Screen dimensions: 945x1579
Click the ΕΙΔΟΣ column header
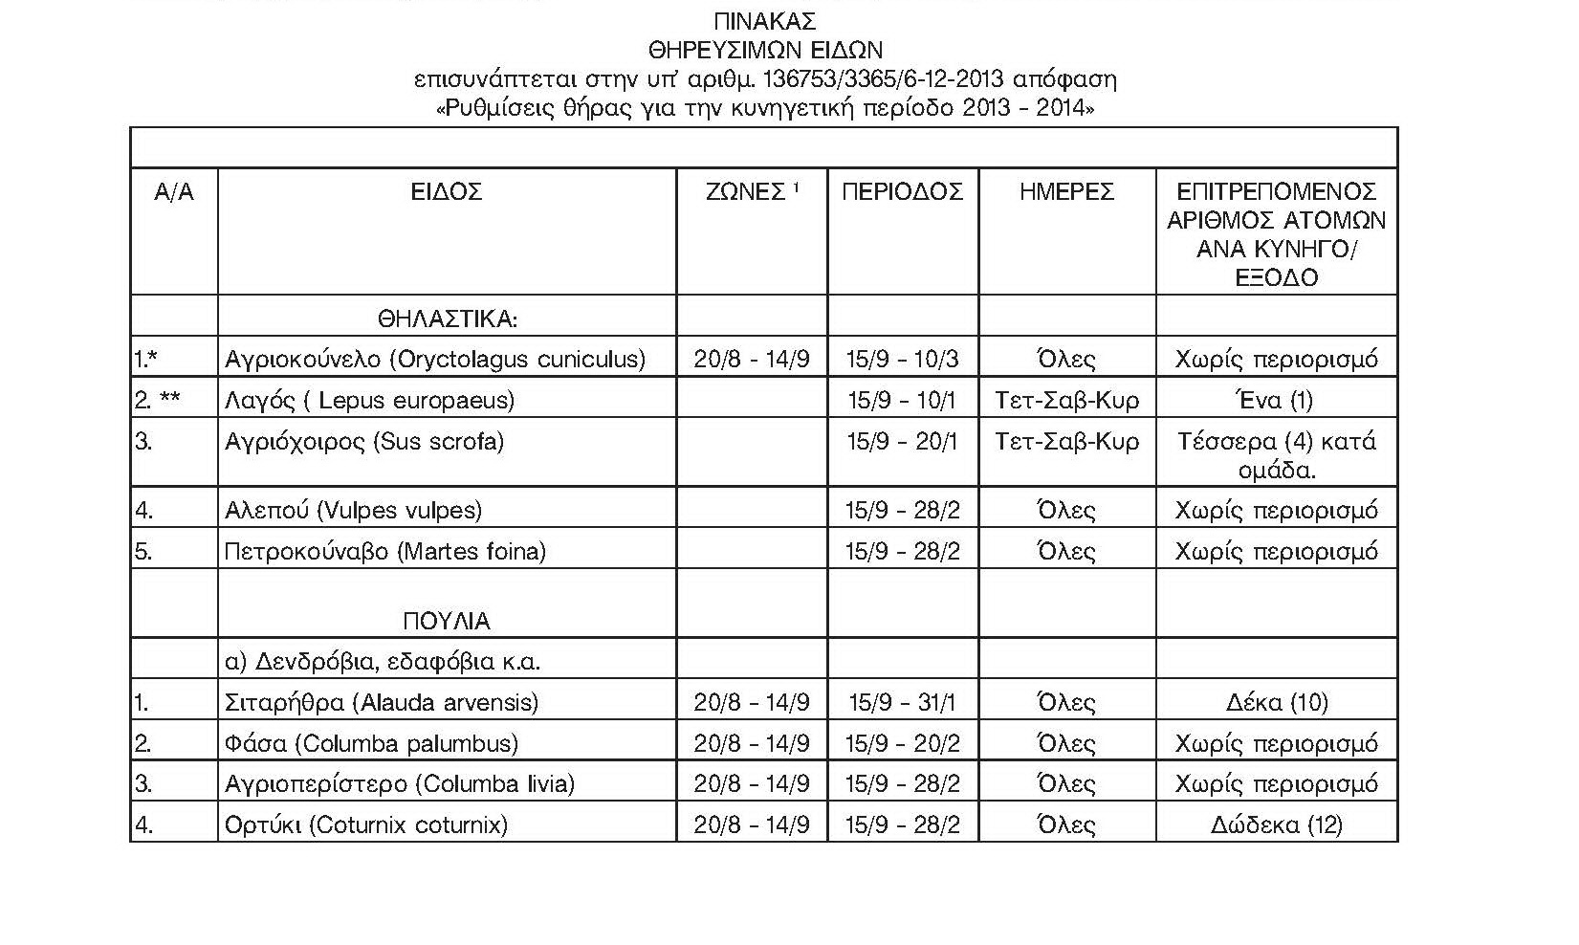(x=447, y=192)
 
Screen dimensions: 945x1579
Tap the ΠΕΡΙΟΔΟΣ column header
(x=902, y=192)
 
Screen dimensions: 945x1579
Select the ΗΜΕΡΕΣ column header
(x=1066, y=192)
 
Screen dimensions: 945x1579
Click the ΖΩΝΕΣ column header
(x=751, y=192)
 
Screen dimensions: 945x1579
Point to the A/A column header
(x=174, y=192)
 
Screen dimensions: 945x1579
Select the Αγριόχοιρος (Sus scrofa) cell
(x=364, y=442)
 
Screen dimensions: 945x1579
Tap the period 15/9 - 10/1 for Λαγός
(x=902, y=400)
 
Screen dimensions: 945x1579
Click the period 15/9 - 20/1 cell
(x=902, y=442)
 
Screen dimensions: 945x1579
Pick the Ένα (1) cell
(x=1276, y=400)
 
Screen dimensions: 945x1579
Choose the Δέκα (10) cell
(x=1276, y=703)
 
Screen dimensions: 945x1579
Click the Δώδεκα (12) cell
(x=1276, y=824)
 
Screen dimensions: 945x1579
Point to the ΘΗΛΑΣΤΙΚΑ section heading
(x=447, y=319)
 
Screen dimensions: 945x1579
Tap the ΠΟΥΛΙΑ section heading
(x=447, y=621)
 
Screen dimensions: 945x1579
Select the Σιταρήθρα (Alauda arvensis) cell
(x=382, y=703)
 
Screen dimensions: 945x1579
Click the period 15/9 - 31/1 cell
(x=902, y=703)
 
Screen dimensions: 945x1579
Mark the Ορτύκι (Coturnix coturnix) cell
(x=366, y=824)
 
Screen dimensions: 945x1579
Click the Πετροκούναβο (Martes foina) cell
(x=385, y=552)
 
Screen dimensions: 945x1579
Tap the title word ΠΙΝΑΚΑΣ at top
(x=764, y=21)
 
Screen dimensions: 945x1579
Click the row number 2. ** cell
(x=158, y=400)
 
